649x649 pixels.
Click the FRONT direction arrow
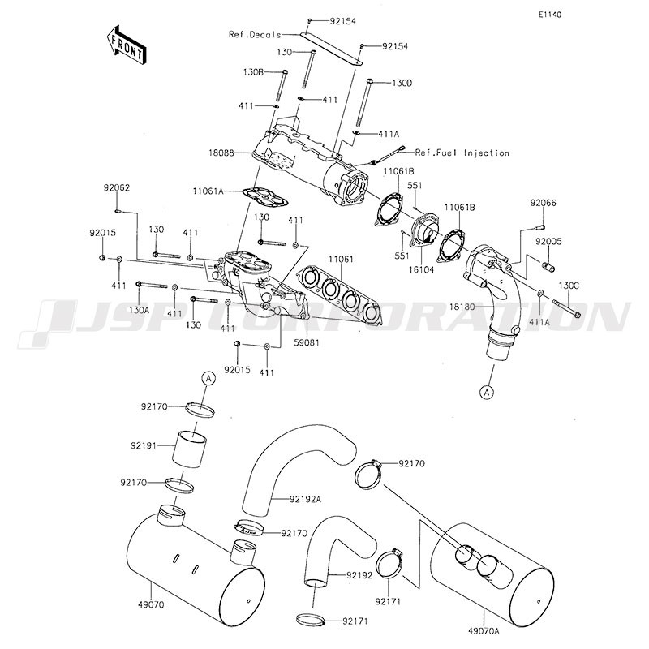tap(125, 45)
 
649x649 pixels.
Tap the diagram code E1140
tap(550, 15)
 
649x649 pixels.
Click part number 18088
tap(221, 153)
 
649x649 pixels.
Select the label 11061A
tap(208, 191)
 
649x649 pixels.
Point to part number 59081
tap(307, 342)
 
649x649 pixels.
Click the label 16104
tap(421, 270)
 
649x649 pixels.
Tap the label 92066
tap(544, 203)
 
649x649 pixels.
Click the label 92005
tap(549, 241)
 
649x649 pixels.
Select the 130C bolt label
tap(569, 286)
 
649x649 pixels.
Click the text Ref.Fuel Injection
tap(462, 153)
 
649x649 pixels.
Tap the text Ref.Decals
tap(255, 34)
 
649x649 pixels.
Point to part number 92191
tap(144, 445)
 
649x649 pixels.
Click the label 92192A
tap(306, 499)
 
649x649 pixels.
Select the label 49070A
tap(484, 631)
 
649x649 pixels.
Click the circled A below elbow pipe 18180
tap(488, 392)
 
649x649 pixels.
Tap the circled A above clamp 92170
tap(209, 378)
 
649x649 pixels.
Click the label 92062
tap(117, 188)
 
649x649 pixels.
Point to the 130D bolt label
tap(402, 84)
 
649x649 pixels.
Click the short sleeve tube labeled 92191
tap(190, 449)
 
